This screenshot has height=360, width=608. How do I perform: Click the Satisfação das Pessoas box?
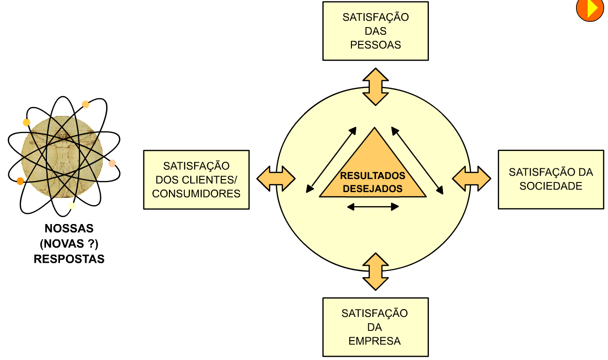[375, 31]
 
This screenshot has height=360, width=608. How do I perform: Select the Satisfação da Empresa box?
[375, 327]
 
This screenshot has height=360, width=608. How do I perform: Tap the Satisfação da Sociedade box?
[551, 179]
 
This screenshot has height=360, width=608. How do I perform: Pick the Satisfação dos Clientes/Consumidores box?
[196, 180]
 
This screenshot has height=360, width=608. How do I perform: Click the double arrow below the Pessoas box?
[376, 87]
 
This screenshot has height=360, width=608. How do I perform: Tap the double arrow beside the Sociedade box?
[471, 179]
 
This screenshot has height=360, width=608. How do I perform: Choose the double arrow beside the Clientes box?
[275, 179]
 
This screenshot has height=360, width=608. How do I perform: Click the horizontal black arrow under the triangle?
[373, 207]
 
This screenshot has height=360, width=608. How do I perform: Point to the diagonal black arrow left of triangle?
[332, 160]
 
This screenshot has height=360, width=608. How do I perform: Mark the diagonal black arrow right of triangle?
[418, 161]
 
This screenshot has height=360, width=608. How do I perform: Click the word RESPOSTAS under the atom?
[69, 259]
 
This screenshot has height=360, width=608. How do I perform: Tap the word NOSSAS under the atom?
[69, 228]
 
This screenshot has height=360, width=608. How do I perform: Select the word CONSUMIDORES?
[196, 194]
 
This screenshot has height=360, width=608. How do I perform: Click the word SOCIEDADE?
[551, 186]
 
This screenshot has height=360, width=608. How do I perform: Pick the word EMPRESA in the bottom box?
[375, 341]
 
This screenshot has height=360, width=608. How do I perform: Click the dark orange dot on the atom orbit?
[20, 181]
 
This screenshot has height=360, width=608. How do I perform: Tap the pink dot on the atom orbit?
[112, 163]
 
